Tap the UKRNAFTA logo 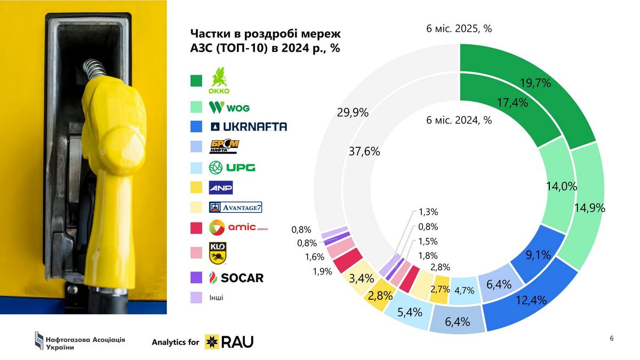tap(248, 126)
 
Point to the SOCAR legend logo tap(236, 278)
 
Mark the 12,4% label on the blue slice tap(530, 300)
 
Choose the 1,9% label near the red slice tap(322, 271)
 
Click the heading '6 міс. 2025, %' tap(459, 29)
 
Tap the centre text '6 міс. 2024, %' tap(459, 120)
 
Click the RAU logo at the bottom tap(230, 341)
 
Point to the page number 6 tap(612, 338)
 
